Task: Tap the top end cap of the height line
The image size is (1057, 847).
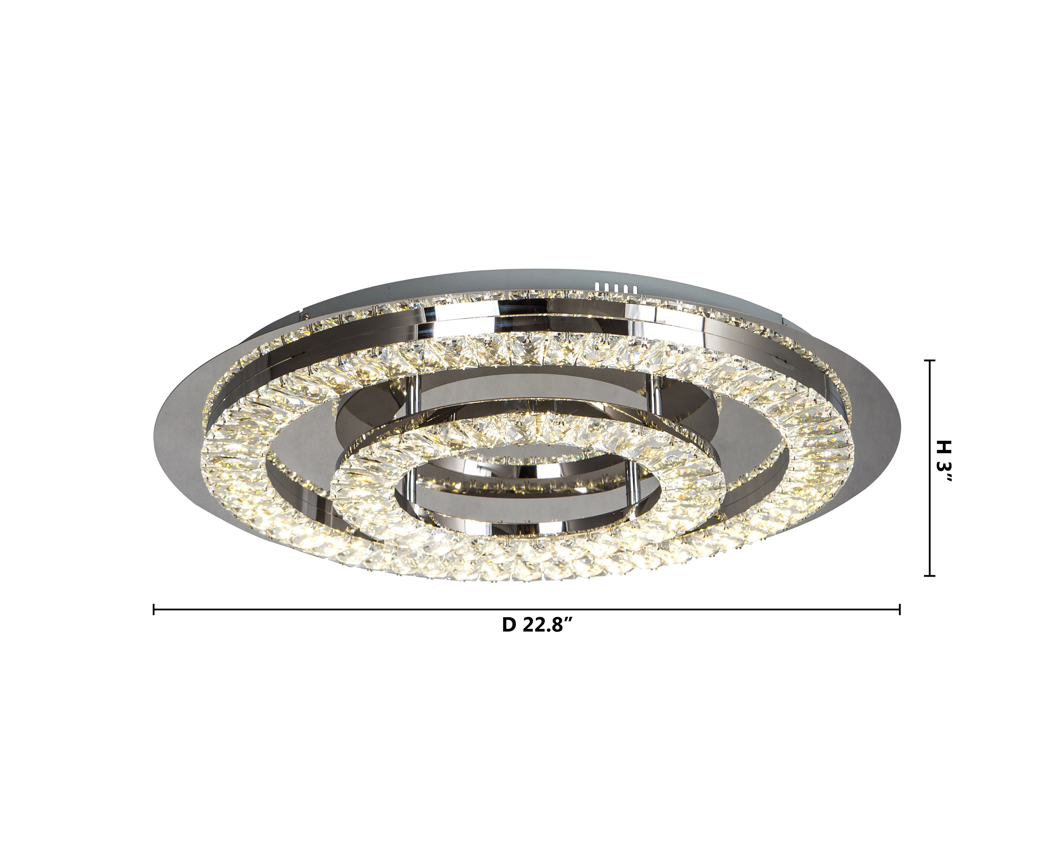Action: (x=929, y=361)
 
